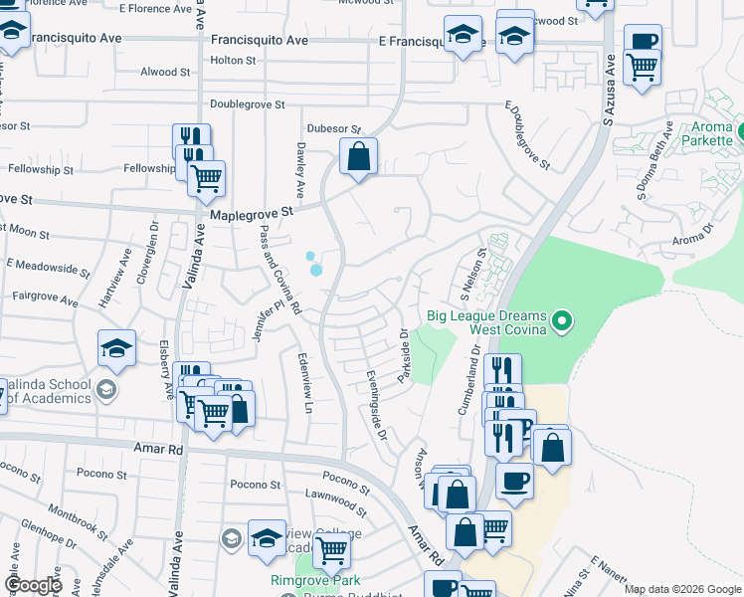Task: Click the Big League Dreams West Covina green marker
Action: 562,320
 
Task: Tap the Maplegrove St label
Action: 252,213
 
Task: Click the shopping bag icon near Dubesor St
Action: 358,157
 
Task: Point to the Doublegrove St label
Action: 248,103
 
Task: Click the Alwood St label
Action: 165,72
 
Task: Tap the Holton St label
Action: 233,60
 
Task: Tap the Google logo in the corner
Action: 33,585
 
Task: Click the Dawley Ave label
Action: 299,167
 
